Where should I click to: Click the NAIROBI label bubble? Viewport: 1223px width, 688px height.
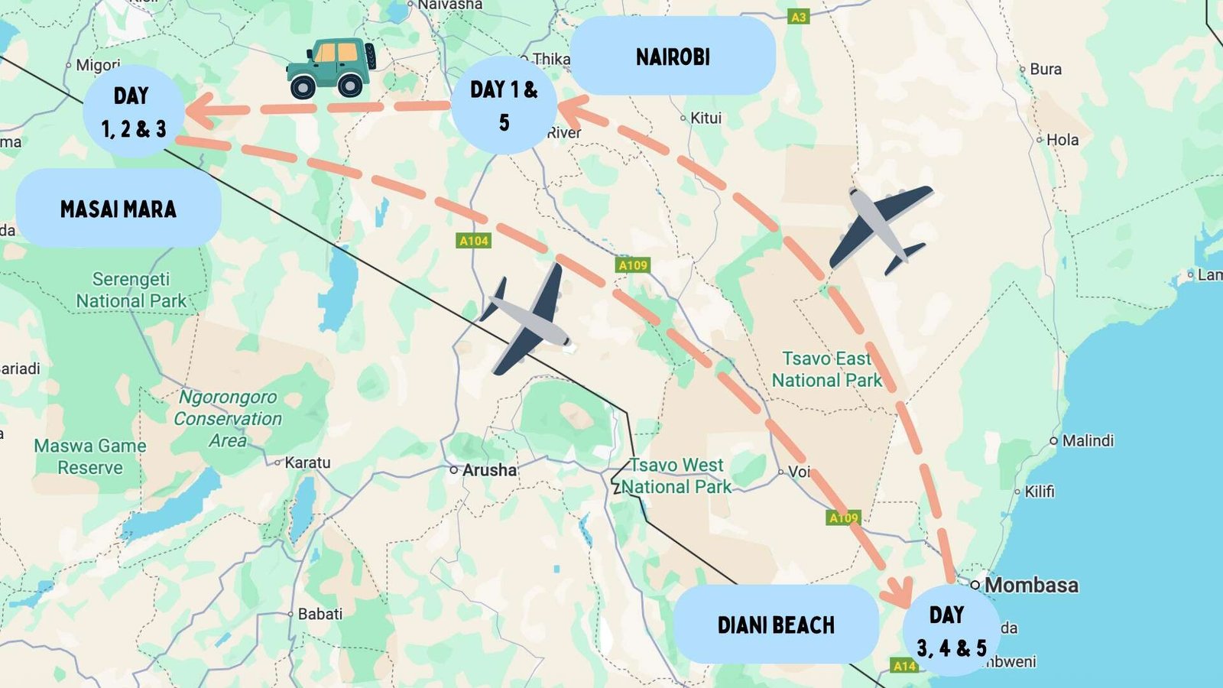tap(673, 57)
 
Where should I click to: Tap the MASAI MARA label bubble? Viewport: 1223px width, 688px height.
tap(118, 209)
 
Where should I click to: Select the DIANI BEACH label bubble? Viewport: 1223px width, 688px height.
tap(776, 625)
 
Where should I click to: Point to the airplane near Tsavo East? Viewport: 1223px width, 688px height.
tap(879, 228)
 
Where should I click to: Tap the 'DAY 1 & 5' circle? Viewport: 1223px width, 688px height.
tap(504, 105)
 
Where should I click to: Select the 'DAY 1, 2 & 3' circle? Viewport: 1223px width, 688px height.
tap(133, 112)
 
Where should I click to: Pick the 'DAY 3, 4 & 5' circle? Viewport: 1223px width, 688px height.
tap(951, 631)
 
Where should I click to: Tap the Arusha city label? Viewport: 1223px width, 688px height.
tap(489, 470)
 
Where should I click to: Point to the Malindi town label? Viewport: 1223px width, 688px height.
tap(1087, 440)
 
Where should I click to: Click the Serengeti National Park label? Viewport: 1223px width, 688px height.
tap(131, 290)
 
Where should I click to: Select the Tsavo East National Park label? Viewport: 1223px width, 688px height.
tap(826, 369)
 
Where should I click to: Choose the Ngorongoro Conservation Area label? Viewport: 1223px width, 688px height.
tap(228, 418)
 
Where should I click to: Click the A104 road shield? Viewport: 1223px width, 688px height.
tap(473, 241)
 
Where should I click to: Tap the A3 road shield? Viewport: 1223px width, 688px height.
tap(798, 17)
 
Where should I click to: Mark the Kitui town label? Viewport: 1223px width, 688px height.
tap(705, 118)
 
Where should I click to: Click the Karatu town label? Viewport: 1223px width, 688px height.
tap(307, 462)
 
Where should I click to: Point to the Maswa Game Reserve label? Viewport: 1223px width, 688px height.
tap(90, 456)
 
